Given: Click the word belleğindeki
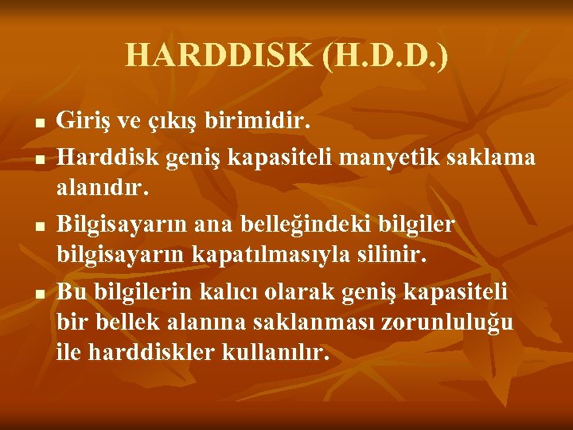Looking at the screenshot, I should click(x=317, y=225).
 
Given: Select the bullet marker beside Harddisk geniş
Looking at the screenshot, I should click(x=39, y=159).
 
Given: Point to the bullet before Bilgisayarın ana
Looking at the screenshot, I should click(x=39, y=227).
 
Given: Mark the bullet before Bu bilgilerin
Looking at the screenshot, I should click(x=39, y=294).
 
